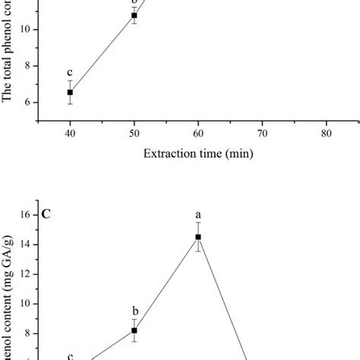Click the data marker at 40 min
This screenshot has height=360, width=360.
tap(71, 92)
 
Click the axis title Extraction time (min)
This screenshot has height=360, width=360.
tap(197, 153)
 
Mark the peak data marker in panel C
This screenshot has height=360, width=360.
tap(198, 237)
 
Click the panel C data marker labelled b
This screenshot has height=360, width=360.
tap(134, 330)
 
